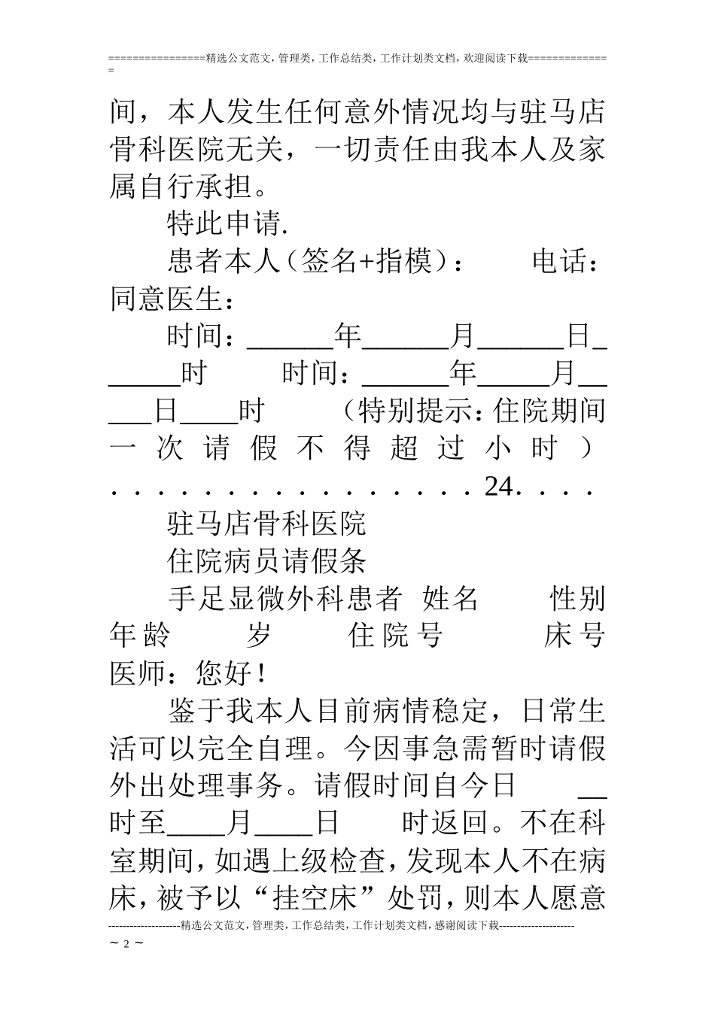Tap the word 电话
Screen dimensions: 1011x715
click(560, 262)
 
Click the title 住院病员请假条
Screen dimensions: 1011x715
click(266, 561)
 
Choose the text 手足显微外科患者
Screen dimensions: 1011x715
click(284, 599)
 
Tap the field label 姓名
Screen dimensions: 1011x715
click(451, 599)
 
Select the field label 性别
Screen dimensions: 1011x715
click(577, 599)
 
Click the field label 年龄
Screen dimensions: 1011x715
click(140, 636)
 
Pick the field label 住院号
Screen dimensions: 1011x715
click(395, 636)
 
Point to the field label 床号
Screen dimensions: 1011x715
click(574, 636)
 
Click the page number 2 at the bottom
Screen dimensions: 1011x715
click(126, 944)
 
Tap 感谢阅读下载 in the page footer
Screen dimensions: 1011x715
click(461, 926)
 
